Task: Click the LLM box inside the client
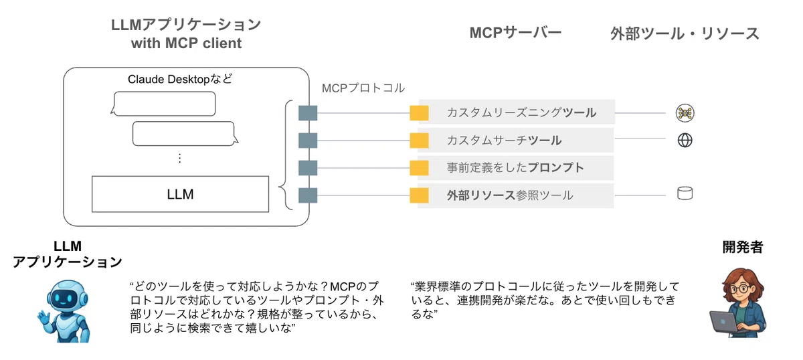[x=180, y=194]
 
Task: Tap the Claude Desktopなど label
[x=180, y=79]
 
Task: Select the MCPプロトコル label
[x=363, y=88]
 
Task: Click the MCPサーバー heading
[x=515, y=33]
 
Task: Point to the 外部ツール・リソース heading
[x=685, y=33]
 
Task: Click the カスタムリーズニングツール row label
[x=521, y=112]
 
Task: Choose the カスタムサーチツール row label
[x=504, y=141]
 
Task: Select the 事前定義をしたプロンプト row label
[x=515, y=167]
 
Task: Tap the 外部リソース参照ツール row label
[x=510, y=195]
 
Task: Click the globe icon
[x=685, y=141]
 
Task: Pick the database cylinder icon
[x=685, y=193]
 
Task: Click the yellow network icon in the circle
[x=685, y=113]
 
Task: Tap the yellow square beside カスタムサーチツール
[x=419, y=141]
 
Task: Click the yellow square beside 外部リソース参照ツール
[x=419, y=195]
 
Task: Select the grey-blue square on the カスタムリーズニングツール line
[x=308, y=113]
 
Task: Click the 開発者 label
[x=742, y=247]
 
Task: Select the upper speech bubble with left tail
[x=163, y=104]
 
